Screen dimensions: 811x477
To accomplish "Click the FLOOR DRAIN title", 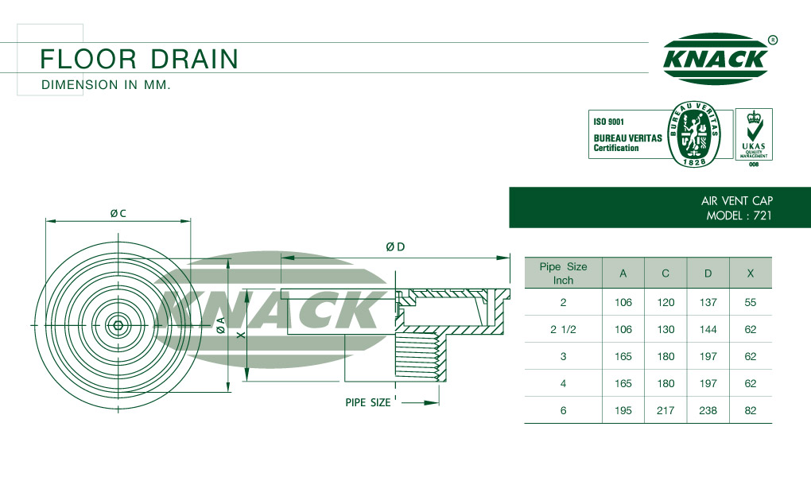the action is (x=139, y=59).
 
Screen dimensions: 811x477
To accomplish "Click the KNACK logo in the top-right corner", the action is (x=716, y=59).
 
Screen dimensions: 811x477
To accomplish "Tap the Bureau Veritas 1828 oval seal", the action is (x=694, y=134).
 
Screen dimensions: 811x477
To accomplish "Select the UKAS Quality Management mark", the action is (x=754, y=134).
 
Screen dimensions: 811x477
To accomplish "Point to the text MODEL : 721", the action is (x=739, y=215).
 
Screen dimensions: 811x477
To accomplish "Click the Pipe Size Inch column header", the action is (x=563, y=273).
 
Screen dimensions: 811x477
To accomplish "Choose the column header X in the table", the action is (x=751, y=273).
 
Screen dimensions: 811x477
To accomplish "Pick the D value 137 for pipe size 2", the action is (x=708, y=302).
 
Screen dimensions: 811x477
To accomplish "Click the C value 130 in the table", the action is (x=665, y=329).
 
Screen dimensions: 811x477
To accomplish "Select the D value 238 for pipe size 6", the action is (x=708, y=410).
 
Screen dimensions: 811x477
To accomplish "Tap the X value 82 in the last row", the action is (x=751, y=410).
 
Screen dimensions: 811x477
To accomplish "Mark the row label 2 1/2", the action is (x=563, y=329).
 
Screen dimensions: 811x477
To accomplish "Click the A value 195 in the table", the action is (x=623, y=410).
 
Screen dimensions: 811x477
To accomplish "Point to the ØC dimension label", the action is (x=118, y=213).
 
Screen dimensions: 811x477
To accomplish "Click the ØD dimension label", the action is (x=395, y=246).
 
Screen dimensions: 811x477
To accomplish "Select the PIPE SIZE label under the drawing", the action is (x=368, y=402).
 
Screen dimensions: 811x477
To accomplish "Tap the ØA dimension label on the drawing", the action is (x=221, y=325).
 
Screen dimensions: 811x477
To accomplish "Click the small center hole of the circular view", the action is (x=118, y=325).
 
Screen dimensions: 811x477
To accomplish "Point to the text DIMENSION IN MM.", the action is (x=106, y=85).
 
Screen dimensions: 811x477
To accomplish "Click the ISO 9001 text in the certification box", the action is (x=609, y=122).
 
